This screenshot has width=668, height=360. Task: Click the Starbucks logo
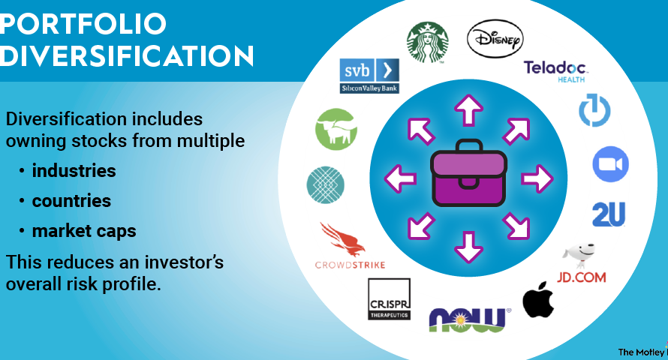[427, 42]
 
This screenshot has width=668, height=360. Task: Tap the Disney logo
[495, 38]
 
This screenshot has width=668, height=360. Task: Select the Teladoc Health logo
[555, 71]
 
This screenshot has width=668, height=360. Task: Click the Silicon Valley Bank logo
[369, 76]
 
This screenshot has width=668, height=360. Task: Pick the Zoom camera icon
[610, 163]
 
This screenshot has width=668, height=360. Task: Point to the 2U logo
[609, 214]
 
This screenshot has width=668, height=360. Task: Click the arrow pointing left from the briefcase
[399, 178]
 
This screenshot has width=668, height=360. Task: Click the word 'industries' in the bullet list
[74, 171]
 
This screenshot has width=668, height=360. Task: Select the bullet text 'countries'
[71, 201]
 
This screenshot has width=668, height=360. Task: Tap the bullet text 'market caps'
[83, 231]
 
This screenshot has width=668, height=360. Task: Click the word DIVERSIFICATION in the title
[126, 56]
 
